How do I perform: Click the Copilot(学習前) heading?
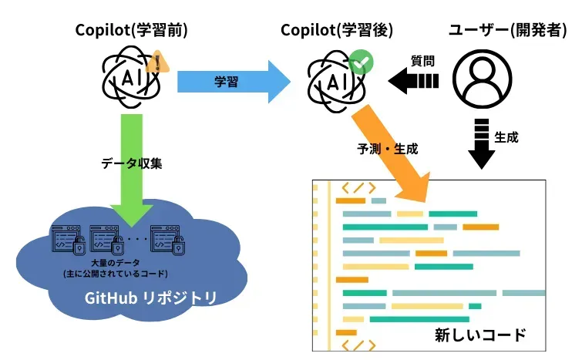pos(132,30)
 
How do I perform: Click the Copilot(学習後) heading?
pos(337,30)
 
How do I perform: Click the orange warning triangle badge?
pos(158,61)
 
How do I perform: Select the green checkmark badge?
pos(359,62)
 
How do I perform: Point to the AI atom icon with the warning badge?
pos(129,78)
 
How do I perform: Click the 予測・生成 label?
pos(387,148)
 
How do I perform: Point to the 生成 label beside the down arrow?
pos(506,137)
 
